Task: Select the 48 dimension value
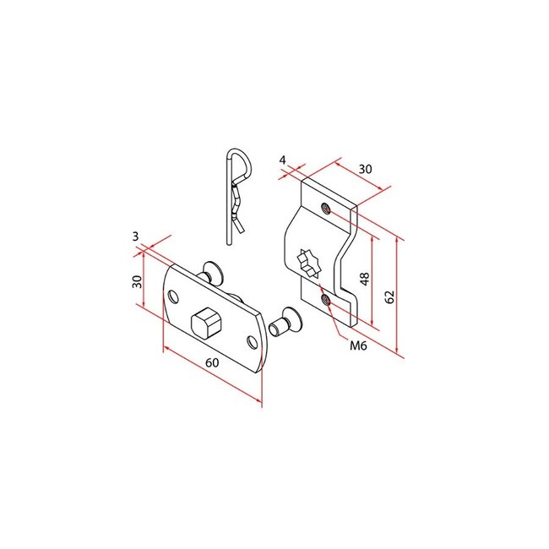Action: [x=364, y=280]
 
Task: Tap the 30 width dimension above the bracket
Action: [x=364, y=169]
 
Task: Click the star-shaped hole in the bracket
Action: [x=310, y=261]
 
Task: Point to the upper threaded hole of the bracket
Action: [x=326, y=206]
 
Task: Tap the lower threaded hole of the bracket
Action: [x=325, y=298]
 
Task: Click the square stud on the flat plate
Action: [x=205, y=321]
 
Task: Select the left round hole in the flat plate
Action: [x=174, y=296]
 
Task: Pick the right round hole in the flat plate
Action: [x=251, y=340]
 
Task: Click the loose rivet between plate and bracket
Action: [x=285, y=321]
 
